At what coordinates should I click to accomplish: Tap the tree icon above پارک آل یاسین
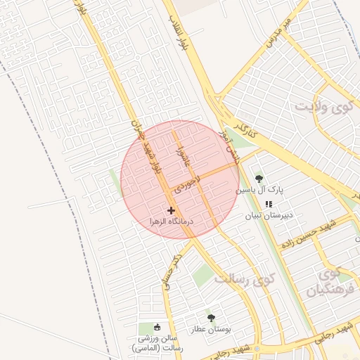[259, 179]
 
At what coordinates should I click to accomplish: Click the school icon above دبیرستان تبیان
[268, 204]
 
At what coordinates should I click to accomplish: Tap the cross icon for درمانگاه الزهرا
[171, 210]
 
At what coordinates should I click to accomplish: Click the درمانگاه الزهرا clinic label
[171, 221]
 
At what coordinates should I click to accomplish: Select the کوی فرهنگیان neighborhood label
[328, 280]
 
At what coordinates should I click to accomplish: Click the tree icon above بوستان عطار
[210, 318]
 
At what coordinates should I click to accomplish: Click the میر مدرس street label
[278, 33]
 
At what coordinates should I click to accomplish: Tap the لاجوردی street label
[188, 181]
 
